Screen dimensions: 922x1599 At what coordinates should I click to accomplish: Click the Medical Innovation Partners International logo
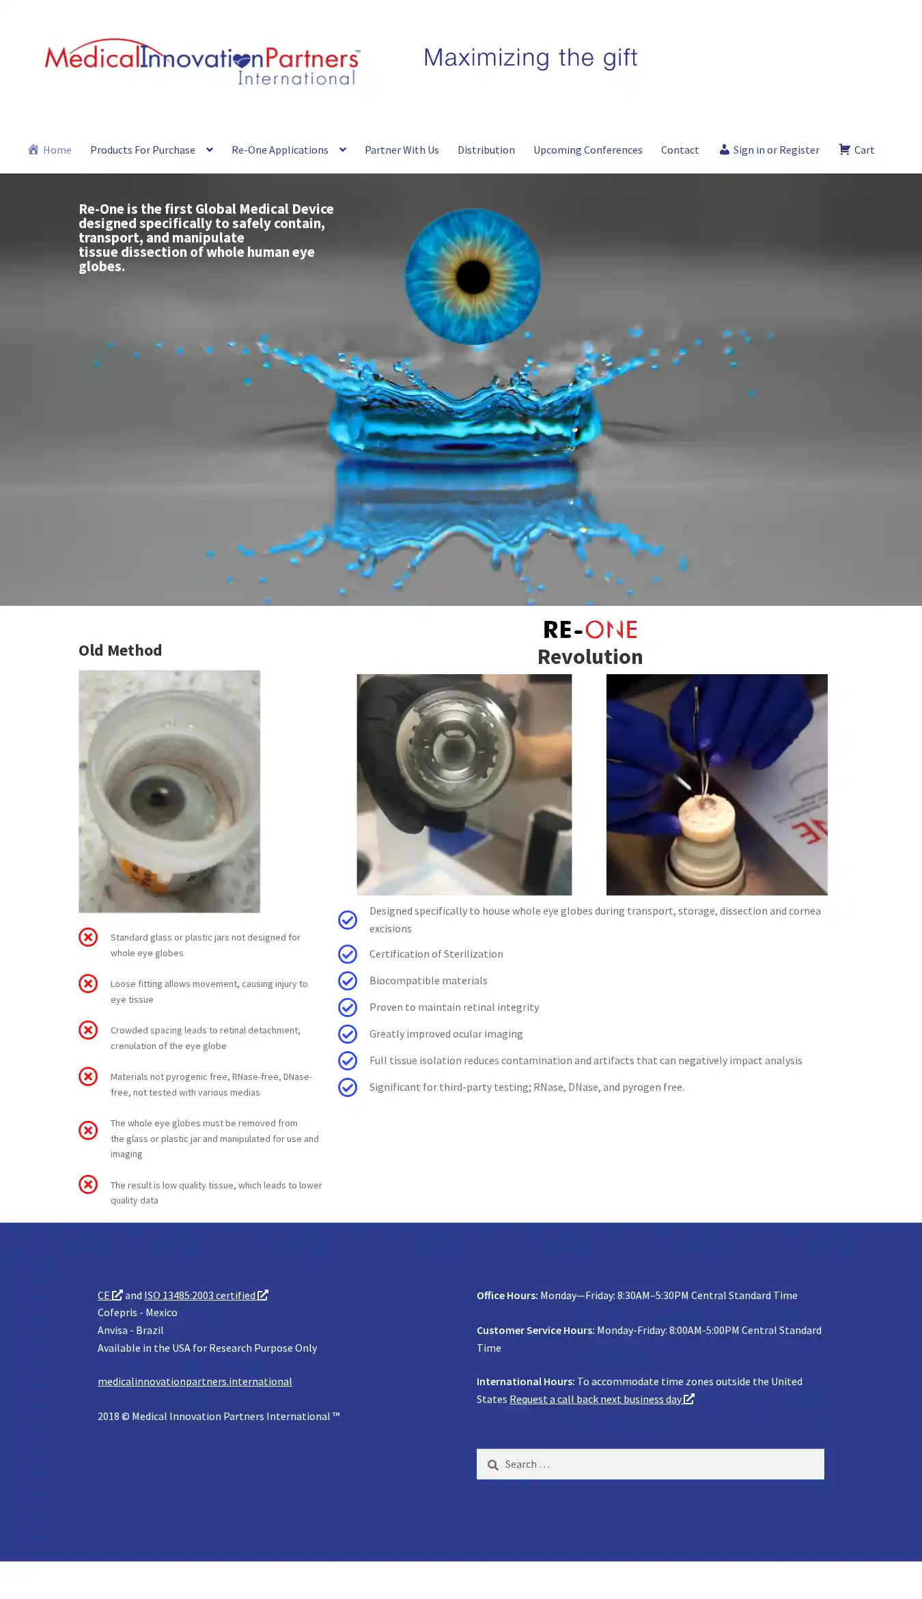coord(202,62)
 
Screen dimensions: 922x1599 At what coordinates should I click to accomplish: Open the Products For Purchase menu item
coord(143,150)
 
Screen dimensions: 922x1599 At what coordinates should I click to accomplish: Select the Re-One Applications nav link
coord(280,150)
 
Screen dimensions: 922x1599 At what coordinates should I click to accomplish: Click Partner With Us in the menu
coord(402,150)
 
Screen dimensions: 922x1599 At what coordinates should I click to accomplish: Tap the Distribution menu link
coord(486,150)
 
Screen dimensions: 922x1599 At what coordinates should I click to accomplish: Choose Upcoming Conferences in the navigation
coord(588,150)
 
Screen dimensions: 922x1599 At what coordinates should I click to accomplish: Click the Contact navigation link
coord(680,150)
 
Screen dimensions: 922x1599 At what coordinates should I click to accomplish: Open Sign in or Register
coord(770,150)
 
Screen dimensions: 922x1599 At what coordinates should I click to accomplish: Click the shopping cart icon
coord(844,149)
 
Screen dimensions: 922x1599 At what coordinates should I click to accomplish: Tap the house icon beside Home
coord(33,149)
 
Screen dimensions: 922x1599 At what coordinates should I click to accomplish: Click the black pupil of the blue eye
coord(473,277)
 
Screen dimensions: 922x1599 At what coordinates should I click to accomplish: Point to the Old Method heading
coord(120,650)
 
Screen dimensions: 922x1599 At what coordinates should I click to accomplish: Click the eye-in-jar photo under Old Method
coord(169,791)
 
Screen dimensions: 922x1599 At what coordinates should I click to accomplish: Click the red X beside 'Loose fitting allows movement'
coord(88,984)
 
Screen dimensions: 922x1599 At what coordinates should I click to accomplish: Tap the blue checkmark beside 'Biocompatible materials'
coord(348,981)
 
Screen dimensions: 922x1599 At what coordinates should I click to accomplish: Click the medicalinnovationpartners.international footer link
coord(195,1381)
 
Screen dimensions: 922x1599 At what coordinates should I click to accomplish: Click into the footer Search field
coord(650,1464)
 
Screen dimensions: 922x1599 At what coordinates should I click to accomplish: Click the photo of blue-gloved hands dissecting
coord(717,784)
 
